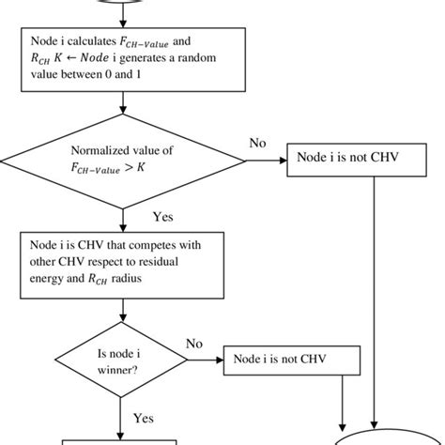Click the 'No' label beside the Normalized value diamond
(x=257, y=143)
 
